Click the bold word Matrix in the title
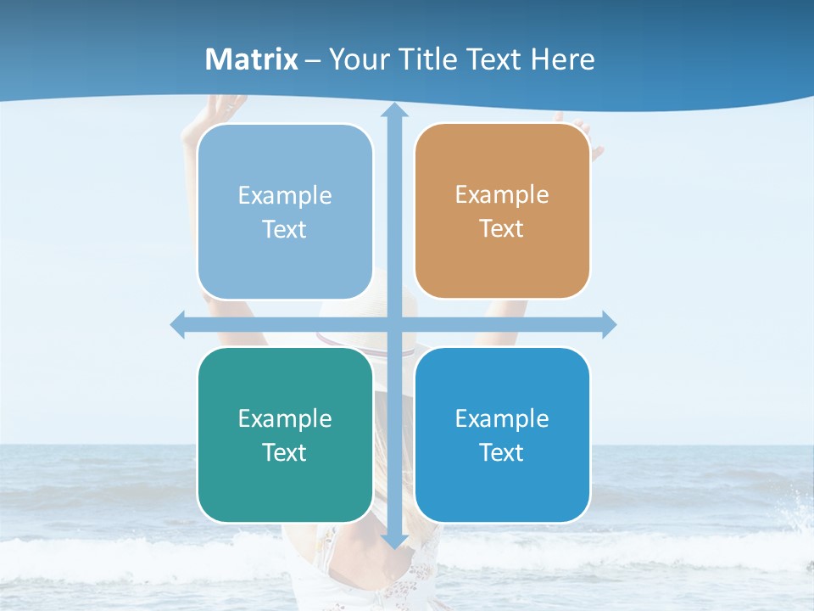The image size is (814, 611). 252,59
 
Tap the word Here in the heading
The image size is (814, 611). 563,59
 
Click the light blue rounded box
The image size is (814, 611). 285,211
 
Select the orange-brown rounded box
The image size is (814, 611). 502,211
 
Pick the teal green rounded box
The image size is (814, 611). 285,434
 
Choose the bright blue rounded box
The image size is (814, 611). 502,434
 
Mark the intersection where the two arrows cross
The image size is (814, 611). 394,324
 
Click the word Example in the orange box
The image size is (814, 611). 502,195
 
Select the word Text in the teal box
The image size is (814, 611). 285,452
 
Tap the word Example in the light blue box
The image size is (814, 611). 285,196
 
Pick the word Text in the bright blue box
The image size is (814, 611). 502,452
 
